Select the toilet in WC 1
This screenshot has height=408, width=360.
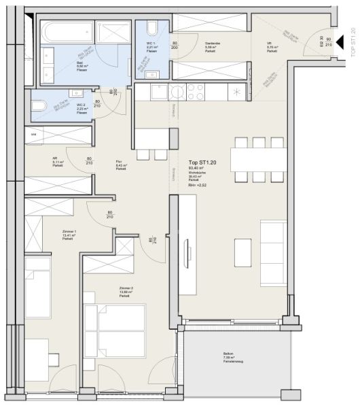coord(151,29)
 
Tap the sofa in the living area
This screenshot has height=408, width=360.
coord(273,243)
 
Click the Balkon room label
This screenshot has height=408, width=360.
coord(228,356)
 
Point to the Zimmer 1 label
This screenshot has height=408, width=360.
coord(69,234)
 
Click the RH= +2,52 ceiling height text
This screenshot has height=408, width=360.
coord(198,184)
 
